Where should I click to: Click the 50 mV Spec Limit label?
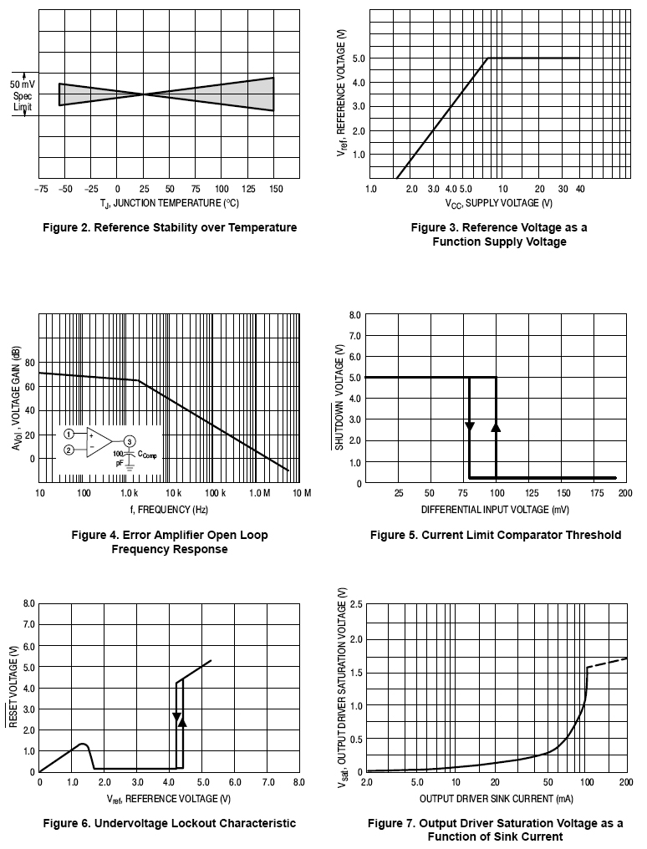[x=22, y=96]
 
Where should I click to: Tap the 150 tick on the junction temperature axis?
[x=274, y=189]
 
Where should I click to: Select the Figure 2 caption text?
[x=169, y=227]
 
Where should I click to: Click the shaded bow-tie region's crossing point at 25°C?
[x=145, y=94]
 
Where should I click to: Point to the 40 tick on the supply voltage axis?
[x=578, y=189]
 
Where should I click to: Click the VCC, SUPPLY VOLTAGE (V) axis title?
[x=498, y=203]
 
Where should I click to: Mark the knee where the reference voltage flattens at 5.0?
[x=487, y=58]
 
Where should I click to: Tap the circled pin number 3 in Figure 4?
[x=129, y=441]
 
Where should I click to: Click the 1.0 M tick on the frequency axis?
[x=259, y=493]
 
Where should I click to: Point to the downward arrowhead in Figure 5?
[x=470, y=427]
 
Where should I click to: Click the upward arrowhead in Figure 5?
[x=496, y=427]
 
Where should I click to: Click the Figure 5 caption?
[x=496, y=535]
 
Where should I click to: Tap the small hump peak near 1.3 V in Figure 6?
[x=82, y=744]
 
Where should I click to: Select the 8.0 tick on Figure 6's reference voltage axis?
[x=298, y=782]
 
